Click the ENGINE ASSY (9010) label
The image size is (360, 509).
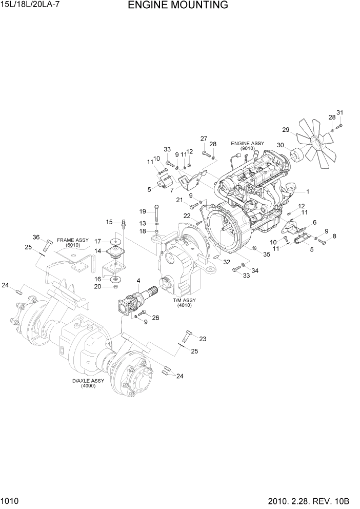(x=247, y=146)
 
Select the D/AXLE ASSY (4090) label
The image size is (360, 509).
(x=90, y=383)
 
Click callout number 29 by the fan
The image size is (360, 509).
(x=286, y=129)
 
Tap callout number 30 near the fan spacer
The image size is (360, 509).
(x=281, y=145)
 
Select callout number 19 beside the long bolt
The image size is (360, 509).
(x=143, y=211)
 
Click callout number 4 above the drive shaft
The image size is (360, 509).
(x=138, y=280)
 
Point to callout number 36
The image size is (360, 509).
(x=36, y=237)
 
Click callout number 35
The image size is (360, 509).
(x=266, y=254)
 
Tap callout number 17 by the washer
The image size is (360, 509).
(x=97, y=241)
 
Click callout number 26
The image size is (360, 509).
(x=155, y=318)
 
